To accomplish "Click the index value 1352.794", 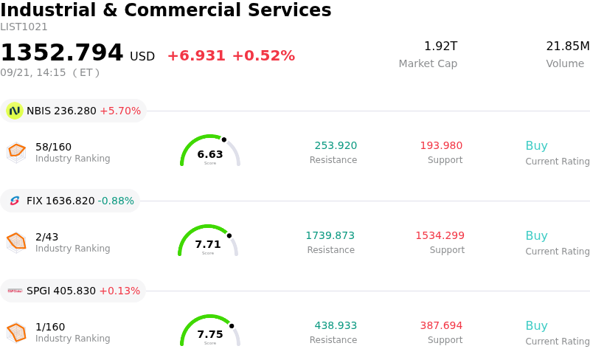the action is pos(62,52).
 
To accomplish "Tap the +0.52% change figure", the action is pos(263,56).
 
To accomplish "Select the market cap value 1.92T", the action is pos(440,46).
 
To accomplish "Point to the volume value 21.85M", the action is pos(568,46).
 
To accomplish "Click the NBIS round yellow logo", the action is pos(15,111).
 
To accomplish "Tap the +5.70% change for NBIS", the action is pos(120,111).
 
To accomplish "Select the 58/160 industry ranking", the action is pos(53,147).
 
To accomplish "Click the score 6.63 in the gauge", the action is pos(210,154).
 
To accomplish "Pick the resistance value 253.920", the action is pos(336,145).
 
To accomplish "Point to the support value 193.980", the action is pos(441,145).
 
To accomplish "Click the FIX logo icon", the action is pos(15,201).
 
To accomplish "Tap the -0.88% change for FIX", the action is pos(116,201).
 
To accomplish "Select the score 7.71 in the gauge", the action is pos(208,244).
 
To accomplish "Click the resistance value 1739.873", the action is pos(330,235).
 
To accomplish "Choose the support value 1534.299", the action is pos(440,235).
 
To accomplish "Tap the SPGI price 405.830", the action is pos(74,291).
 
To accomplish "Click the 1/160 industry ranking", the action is pos(50,327).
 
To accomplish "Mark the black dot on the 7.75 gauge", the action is pos(232,326).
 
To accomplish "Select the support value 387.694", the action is pos(441,325).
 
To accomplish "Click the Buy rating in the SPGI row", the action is pos(537,325).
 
